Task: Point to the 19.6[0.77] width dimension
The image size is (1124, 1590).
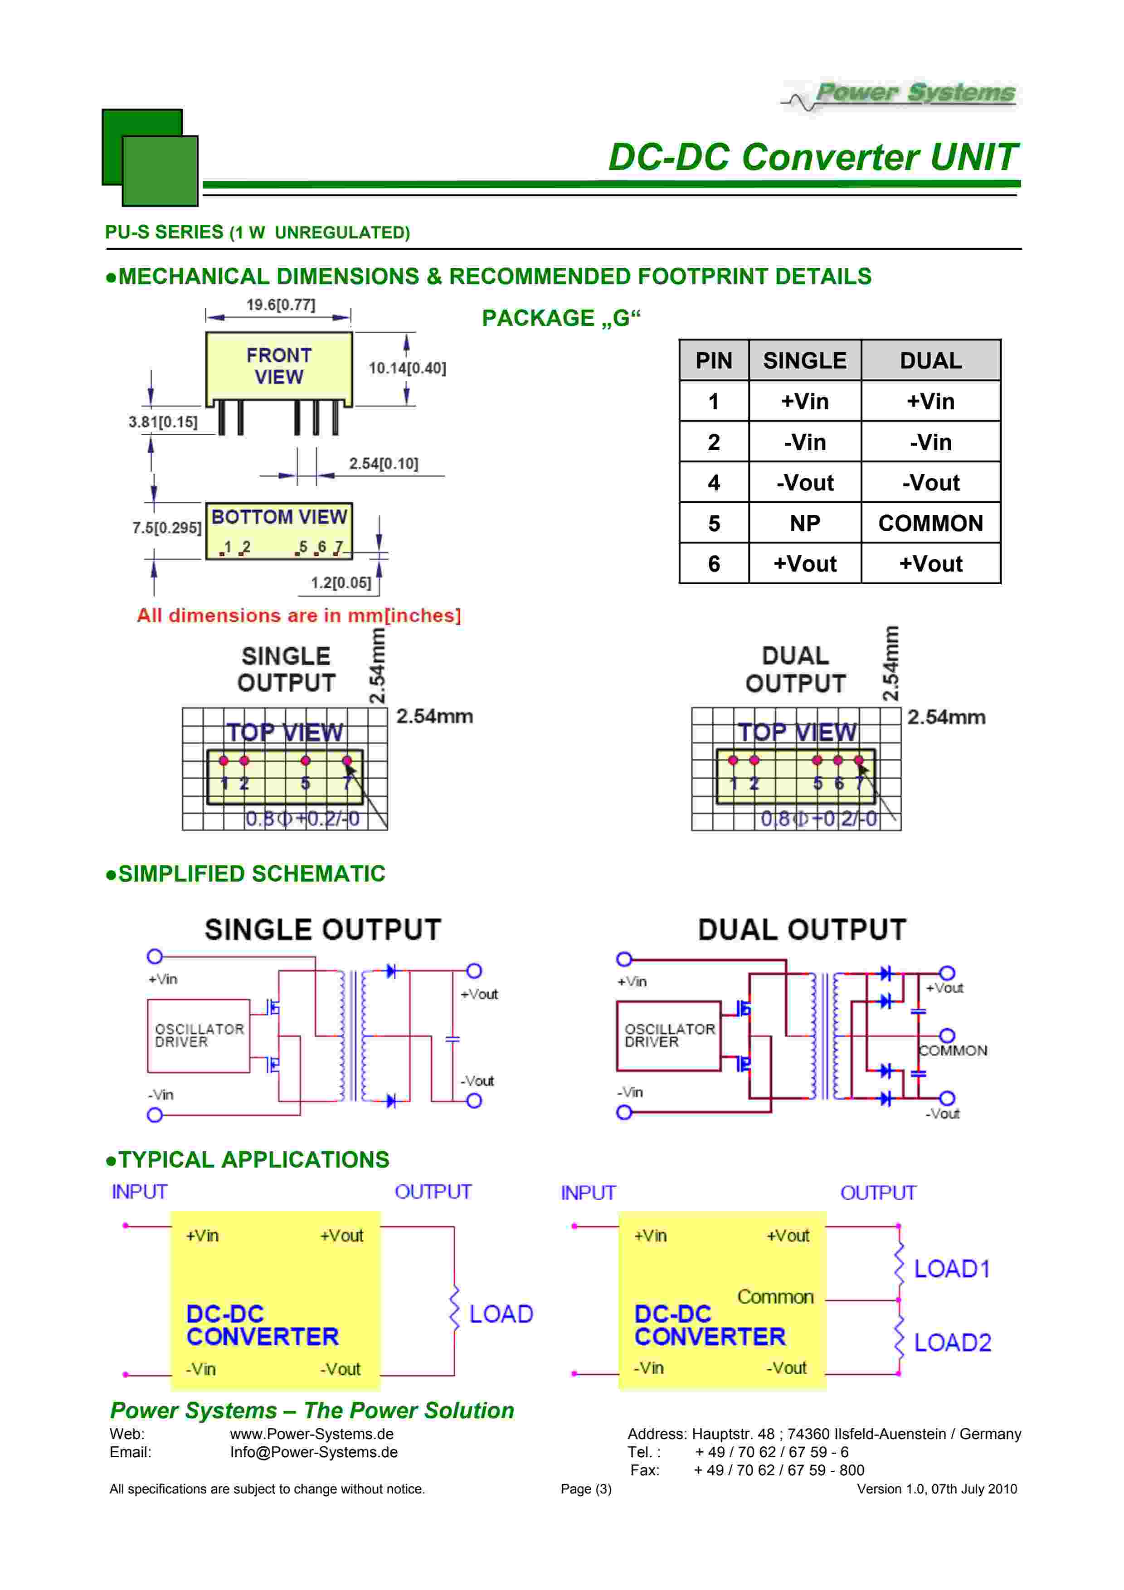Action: coord(281,305)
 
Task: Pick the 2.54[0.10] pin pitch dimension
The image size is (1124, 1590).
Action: coord(383,463)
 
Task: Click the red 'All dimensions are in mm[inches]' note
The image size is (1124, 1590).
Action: coord(298,615)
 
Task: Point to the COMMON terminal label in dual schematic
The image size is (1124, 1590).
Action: coord(953,1051)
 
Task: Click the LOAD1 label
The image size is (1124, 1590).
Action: coord(952,1269)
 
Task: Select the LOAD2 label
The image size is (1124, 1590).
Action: coord(952,1342)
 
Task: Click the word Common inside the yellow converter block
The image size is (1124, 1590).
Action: coord(775,1296)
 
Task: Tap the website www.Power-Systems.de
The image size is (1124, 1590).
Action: coord(311,1434)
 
